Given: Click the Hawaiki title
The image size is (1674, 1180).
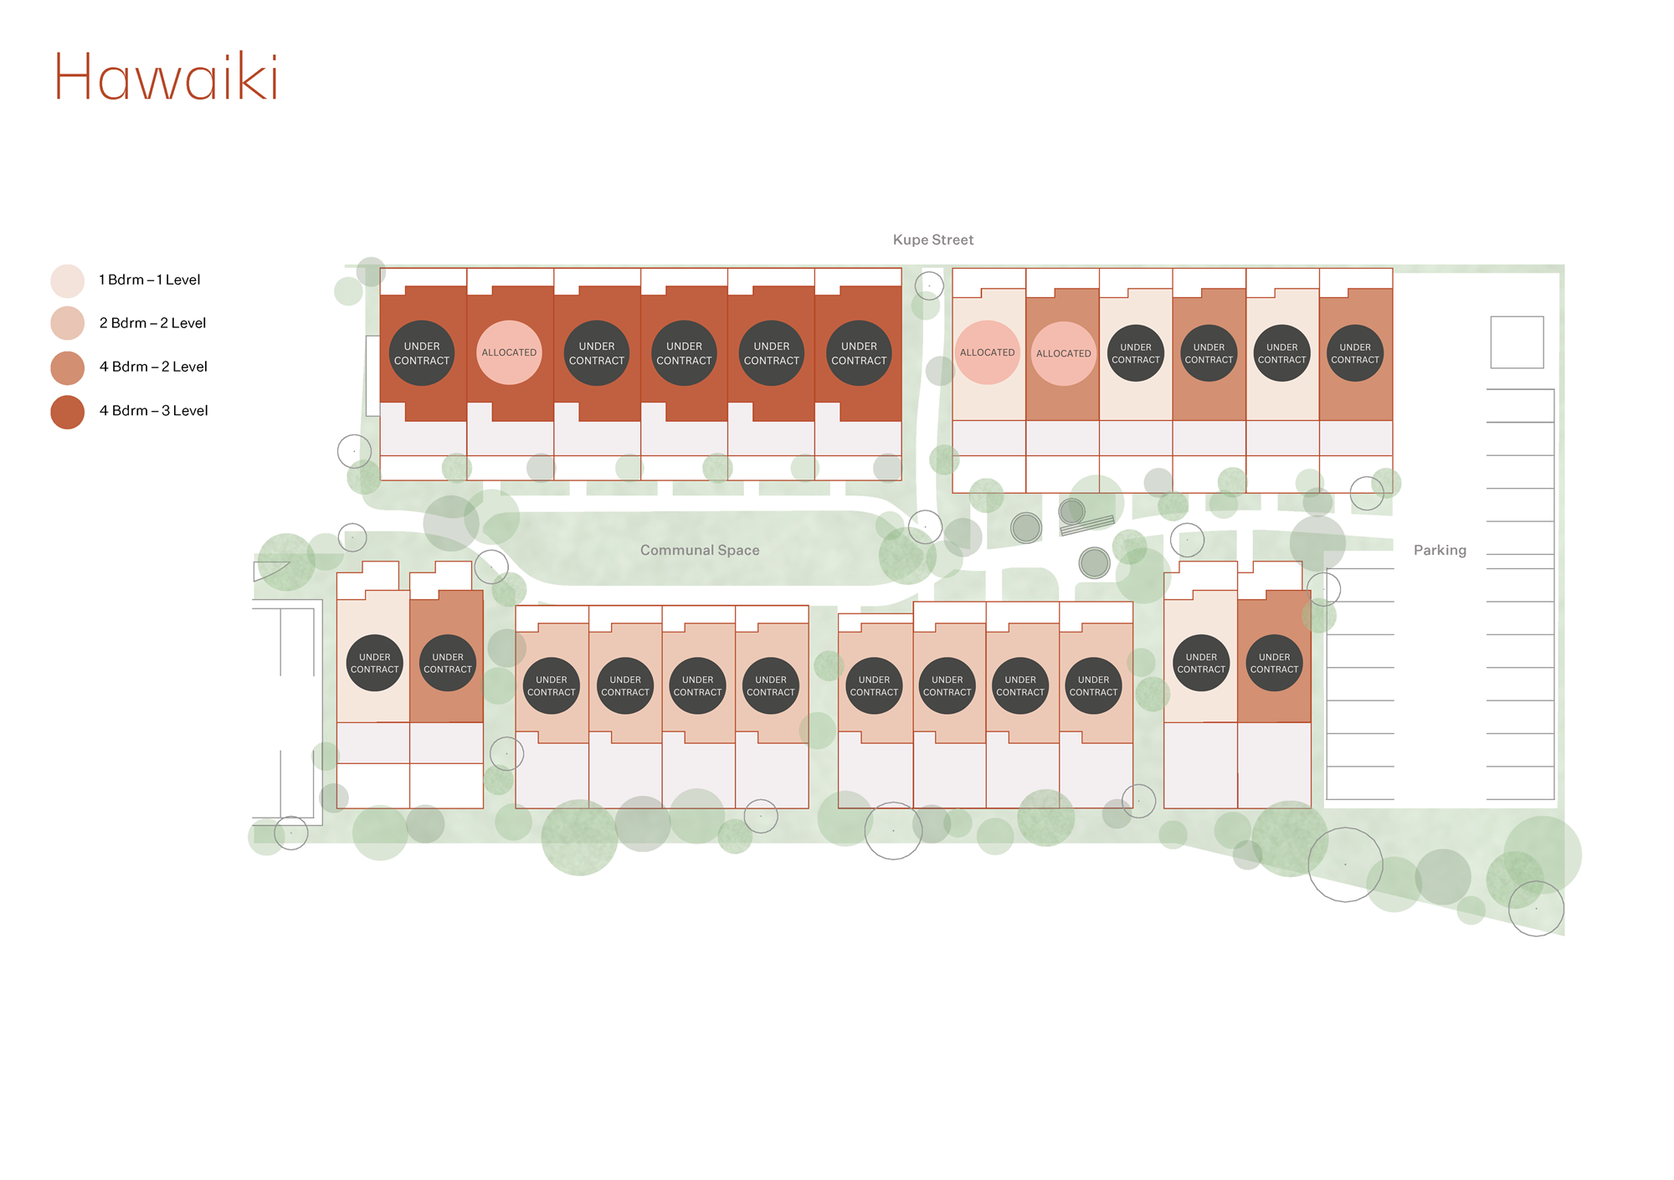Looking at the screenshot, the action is click(166, 77).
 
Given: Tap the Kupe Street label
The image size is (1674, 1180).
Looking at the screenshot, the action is click(932, 240).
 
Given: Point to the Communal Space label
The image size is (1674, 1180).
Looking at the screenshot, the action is click(700, 550).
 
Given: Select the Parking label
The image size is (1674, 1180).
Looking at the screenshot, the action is click(1440, 550).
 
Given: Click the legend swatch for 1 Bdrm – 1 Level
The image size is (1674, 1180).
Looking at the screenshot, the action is click(68, 280).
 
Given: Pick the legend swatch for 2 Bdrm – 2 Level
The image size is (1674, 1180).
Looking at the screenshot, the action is click(68, 323).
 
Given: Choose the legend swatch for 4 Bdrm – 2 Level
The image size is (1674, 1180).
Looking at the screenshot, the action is click(68, 367).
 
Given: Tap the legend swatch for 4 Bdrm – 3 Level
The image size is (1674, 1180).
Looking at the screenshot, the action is click(68, 412).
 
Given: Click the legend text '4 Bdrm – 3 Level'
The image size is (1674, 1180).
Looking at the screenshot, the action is click(153, 411).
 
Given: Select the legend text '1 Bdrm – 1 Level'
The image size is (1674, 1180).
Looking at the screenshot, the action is click(150, 280).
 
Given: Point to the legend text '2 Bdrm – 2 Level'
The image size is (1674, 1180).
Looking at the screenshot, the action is click(152, 323).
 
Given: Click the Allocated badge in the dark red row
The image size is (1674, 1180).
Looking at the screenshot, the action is click(509, 352).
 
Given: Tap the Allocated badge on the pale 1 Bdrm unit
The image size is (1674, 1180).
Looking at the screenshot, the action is click(988, 352).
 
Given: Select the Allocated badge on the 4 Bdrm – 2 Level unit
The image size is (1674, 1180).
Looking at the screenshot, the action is click(1064, 353).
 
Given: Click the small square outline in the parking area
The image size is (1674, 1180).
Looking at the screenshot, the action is click(1517, 342).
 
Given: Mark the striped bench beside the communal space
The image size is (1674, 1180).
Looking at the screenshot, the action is click(1087, 526).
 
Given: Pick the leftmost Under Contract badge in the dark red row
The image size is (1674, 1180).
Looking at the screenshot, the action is click(422, 353).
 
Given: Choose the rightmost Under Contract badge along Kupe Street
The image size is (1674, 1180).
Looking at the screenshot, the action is click(1355, 353).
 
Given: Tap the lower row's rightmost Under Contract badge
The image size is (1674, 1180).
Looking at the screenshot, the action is click(1274, 663).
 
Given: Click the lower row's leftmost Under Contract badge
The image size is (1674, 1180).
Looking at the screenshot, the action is click(375, 663).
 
